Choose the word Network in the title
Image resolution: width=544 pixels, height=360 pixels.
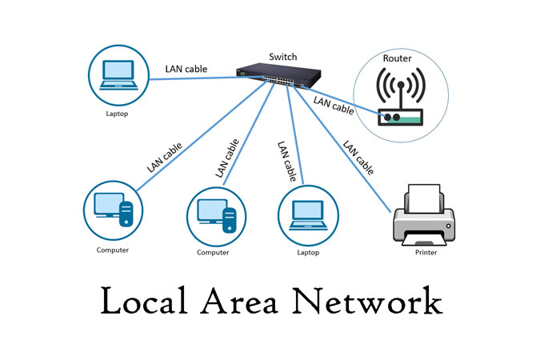coord(367,302)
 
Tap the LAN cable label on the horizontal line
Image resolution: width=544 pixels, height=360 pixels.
coord(187,69)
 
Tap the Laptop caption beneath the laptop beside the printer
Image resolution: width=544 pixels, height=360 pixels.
coord(308,253)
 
